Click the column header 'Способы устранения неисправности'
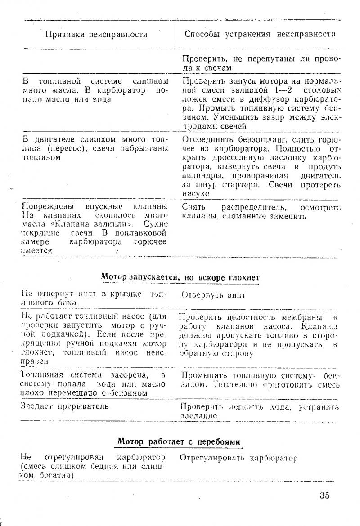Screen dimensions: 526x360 tap(261, 34)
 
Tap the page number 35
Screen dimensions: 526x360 tap(324, 495)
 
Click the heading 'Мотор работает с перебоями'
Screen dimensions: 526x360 tap(179, 442)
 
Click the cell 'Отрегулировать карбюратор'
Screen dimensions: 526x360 tap(238, 459)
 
